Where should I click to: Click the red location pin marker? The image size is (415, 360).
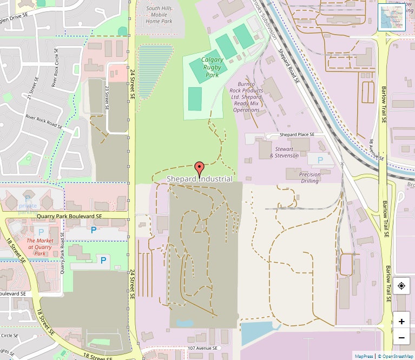tap(199, 169)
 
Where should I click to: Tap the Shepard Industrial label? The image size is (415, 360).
tap(200, 179)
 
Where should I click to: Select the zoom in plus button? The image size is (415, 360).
tap(401, 321)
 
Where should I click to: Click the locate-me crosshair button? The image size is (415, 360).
tap(401, 286)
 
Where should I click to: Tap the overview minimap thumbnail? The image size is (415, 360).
tap(391, 17)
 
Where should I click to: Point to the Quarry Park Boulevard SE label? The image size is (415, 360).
tap(69, 216)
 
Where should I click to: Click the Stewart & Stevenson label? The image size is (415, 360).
tap(284, 152)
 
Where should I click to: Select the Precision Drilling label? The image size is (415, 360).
tap(310, 178)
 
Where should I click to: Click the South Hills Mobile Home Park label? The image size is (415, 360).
tap(159, 15)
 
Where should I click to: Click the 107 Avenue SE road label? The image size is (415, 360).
tap(202, 348)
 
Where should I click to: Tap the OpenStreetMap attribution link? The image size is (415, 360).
tap(395, 356)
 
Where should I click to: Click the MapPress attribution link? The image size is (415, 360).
tap(364, 356)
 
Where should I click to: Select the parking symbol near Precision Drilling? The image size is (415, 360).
tap(320, 160)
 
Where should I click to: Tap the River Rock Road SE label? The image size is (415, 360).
tap(44, 121)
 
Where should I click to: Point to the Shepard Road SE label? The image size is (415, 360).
tap(288, 66)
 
